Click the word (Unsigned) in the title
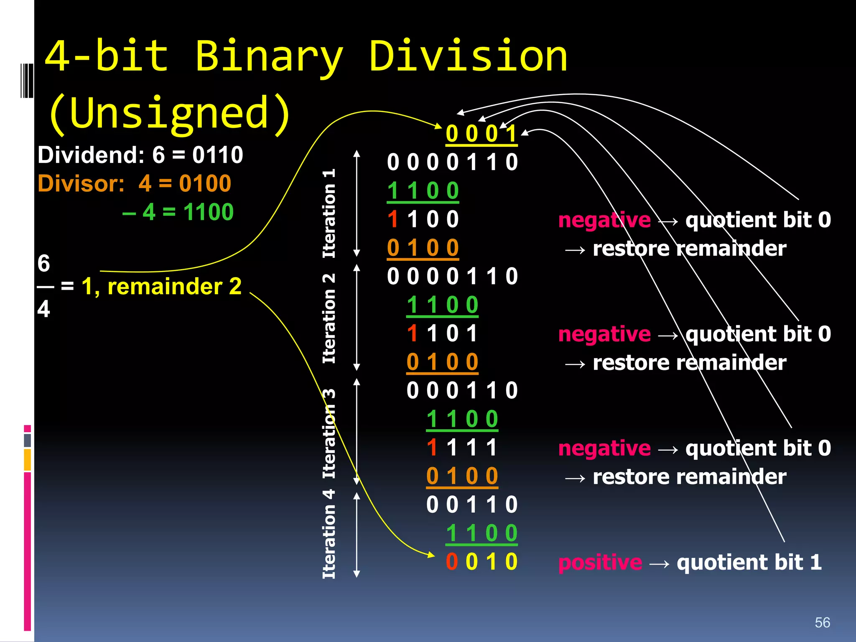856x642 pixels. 169,113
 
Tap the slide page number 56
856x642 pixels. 822,622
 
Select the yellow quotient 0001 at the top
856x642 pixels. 481,134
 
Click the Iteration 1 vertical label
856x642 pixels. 329,213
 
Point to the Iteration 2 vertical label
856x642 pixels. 329,318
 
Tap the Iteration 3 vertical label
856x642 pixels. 329,433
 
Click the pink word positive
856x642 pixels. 600,562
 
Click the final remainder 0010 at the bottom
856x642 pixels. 481,561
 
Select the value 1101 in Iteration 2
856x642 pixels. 442,334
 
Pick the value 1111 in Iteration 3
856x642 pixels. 462,448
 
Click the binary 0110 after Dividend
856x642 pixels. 217,155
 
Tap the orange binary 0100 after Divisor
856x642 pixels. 205,183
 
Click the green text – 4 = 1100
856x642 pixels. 178,212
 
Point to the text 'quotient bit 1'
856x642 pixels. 749,562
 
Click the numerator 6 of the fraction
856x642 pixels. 43,263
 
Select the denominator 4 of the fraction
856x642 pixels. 43,309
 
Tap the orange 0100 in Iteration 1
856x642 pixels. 423,247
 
